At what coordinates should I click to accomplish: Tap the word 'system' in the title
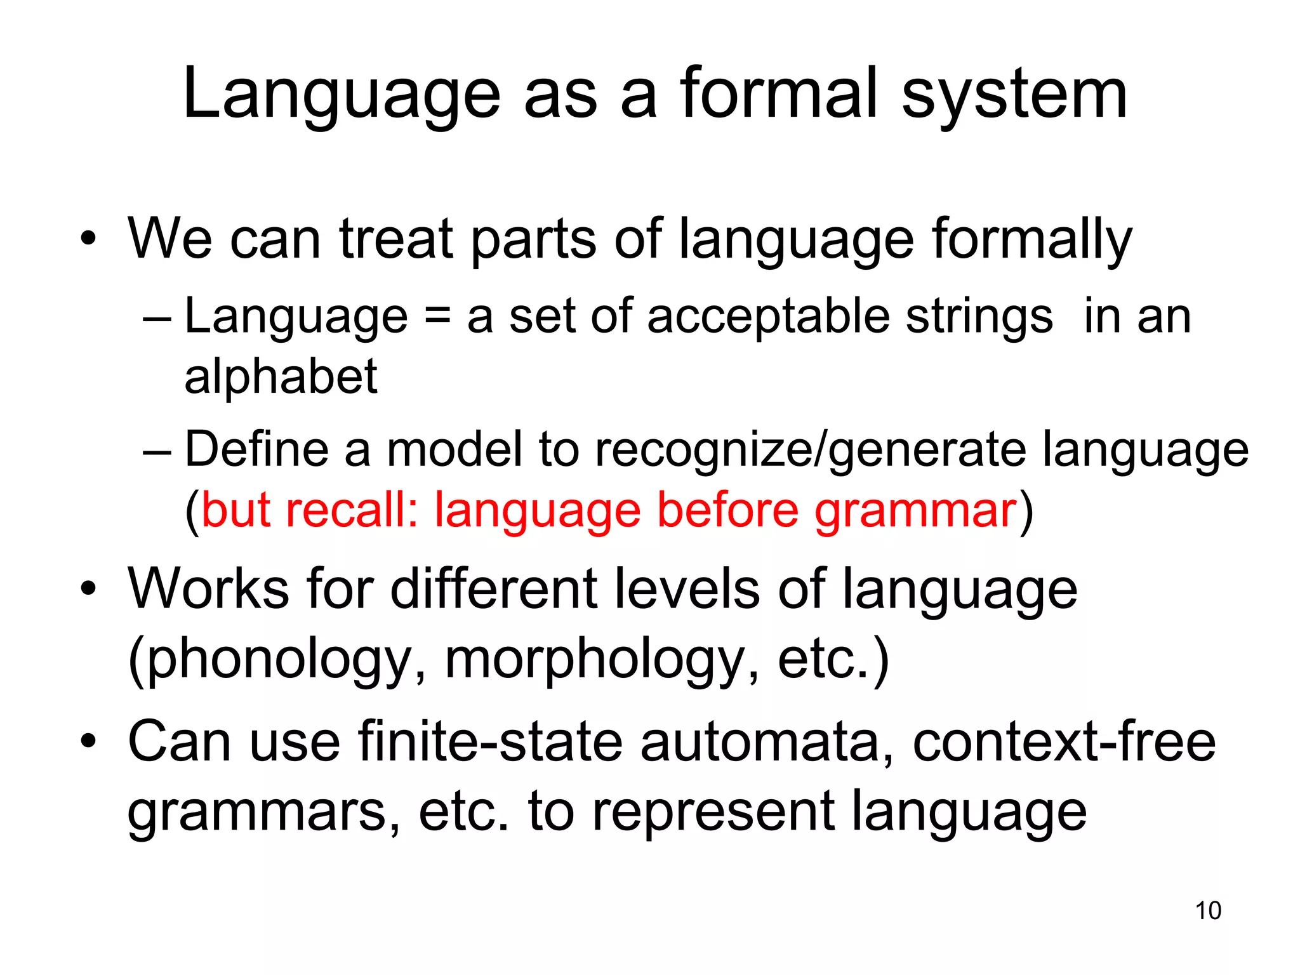click(1014, 95)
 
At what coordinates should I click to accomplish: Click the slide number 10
click(1208, 910)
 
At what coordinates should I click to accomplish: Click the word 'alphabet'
click(281, 376)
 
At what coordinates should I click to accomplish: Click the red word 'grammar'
click(915, 510)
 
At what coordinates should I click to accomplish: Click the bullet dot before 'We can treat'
click(89, 239)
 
